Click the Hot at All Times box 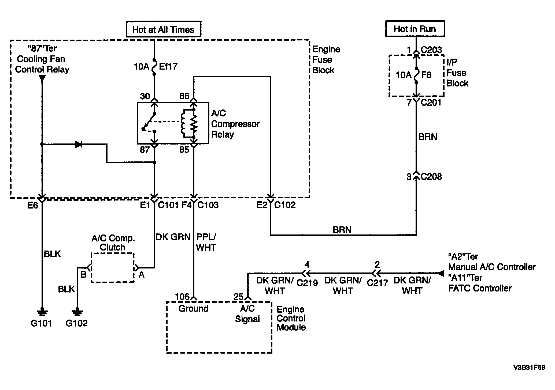(163, 29)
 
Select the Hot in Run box (415, 29)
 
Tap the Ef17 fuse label (168, 66)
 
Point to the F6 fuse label (426, 75)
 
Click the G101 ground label (41, 323)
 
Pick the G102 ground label (77, 323)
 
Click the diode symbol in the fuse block (79, 145)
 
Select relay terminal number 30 (145, 96)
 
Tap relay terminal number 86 (184, 96)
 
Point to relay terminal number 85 (184, 150)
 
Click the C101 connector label (168, 205)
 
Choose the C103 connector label (208, 205)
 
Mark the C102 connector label (285, 205)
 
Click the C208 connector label (431, 177)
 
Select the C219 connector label (307, 283)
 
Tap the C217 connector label (378, 283)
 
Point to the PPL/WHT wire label (206, 242)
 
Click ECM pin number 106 (182, 297)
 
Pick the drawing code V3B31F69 (529, 368)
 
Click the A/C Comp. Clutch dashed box (113, 267)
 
